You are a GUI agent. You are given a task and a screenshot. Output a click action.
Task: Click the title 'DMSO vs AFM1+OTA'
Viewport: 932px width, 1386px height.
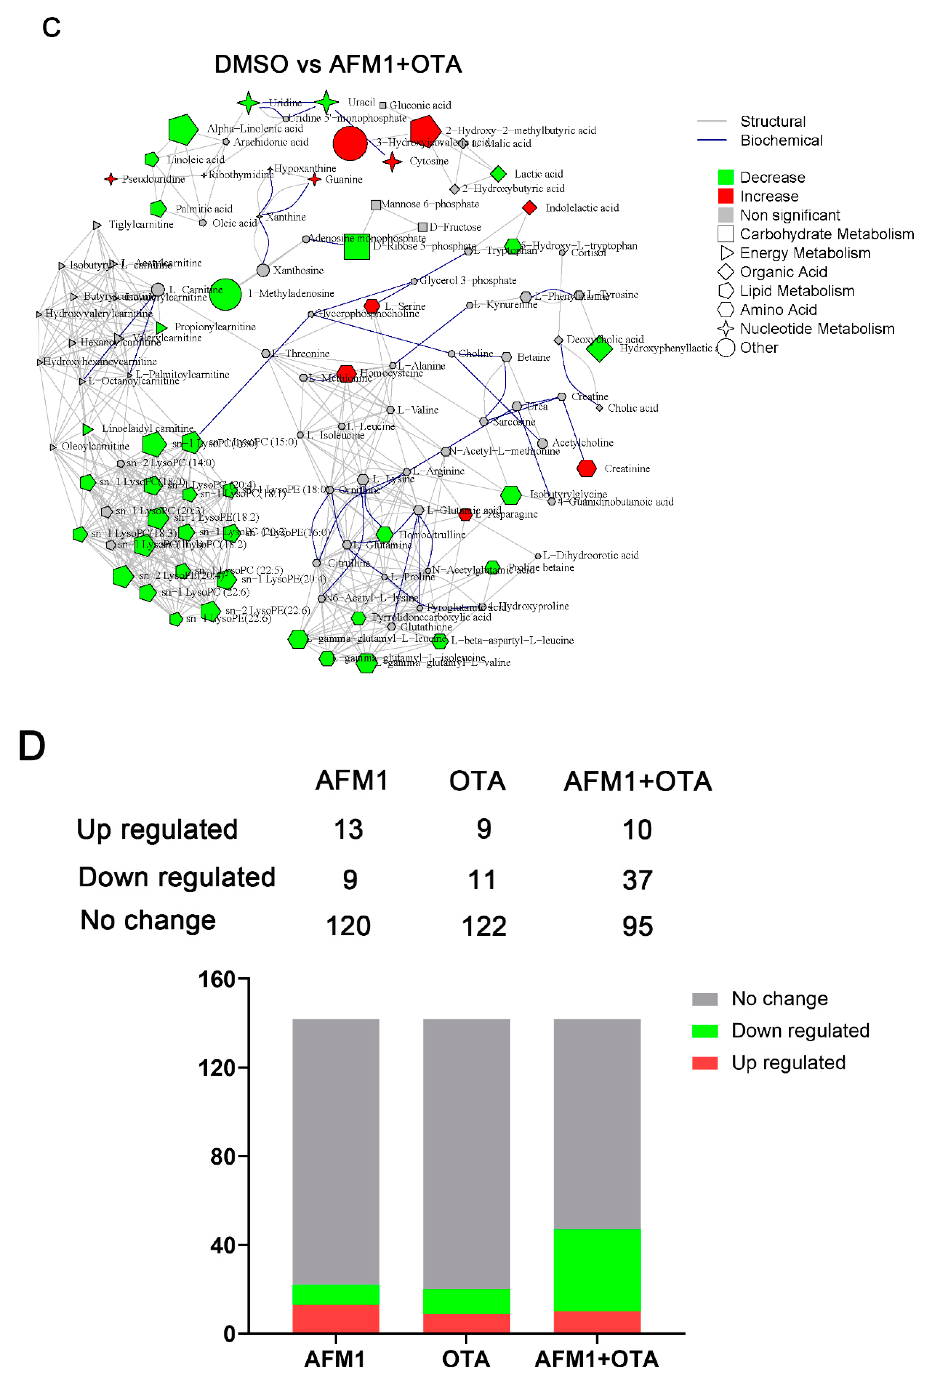click(338, 64)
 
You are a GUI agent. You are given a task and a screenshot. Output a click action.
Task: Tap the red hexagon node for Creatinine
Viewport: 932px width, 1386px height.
click(586, 468)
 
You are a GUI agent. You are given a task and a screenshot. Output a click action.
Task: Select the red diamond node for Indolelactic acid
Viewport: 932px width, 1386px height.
click(529, 208)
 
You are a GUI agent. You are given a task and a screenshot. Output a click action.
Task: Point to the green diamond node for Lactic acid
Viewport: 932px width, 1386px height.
click(498, 173)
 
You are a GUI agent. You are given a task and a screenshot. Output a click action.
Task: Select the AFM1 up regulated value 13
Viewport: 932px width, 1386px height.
click(348, 829)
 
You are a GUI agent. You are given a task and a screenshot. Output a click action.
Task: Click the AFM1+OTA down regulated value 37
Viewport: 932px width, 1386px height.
click(637, 880)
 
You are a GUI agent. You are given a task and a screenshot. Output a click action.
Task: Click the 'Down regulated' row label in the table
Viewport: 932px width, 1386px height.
click(176, 878)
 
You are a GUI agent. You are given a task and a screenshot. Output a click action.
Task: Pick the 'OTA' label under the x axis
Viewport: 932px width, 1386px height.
click(466, 1359)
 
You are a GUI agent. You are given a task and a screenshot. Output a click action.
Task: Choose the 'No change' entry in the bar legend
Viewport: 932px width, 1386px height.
click(779, 999)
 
